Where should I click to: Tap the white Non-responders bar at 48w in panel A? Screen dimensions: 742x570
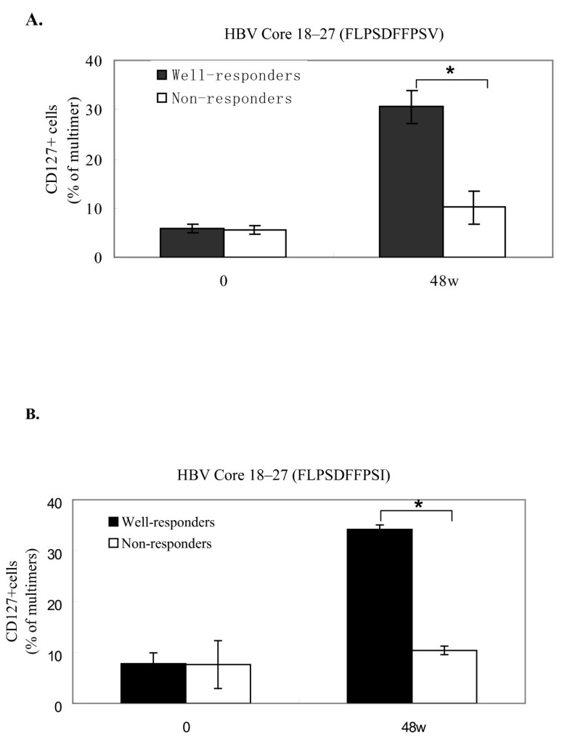(473, 231)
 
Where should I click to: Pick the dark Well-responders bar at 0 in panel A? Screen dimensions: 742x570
(192, 242)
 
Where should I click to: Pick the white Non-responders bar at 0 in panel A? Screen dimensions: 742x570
(254, 243)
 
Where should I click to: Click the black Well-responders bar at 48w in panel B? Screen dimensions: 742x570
(379, 616)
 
